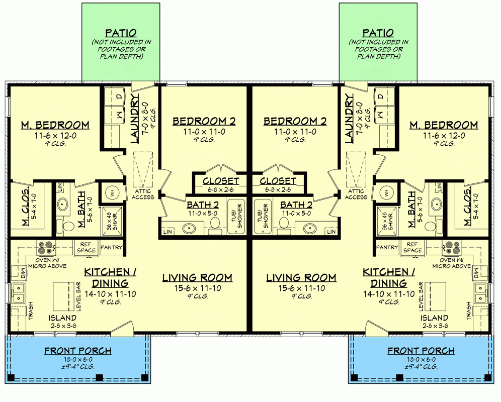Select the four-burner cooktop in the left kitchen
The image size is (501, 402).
[x=44, y=247]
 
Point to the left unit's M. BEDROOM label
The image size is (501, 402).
[x=55, y=125]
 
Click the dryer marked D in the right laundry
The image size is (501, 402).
[x=381, y=96]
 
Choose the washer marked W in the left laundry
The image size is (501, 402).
[x=119, y=115]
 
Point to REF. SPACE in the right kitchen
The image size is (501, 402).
[x=412, y=247]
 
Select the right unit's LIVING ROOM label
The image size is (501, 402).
[x=301, y=277]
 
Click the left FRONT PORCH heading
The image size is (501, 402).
[x=78, y=351]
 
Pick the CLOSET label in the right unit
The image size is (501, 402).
[x=278, y=180]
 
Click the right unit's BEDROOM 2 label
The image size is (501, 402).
[x=295, y=121]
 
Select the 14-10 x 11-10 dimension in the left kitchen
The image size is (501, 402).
[x=110, y=293]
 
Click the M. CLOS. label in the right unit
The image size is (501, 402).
[x=467, y=207]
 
